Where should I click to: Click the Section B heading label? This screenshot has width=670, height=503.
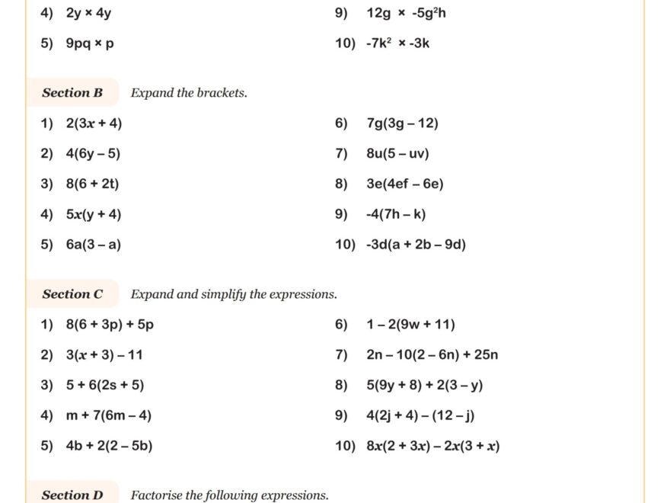pyautogui.click(x=72, y=93)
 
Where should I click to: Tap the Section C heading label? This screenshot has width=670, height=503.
pyautogui.click(x=72, y=294)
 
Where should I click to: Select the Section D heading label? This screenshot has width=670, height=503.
pyautogui.click(x=72, y=495)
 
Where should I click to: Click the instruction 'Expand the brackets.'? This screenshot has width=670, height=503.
pyautogui.click(x=189, y=93)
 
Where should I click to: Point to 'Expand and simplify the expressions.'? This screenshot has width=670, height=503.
pyautogui.click(x=234, y=294)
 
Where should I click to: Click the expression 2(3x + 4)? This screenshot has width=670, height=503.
pyautogui.click(x=94, y=123)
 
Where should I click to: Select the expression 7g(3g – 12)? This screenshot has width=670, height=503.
pyautogui.click(x=402, y=123)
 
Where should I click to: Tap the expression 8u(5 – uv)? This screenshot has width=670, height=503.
pyautogui.click(x=397, y=154)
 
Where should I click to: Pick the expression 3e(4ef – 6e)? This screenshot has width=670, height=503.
pyautogui.click(x=405, y=184)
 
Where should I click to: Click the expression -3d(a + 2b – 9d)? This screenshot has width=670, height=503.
pyautogui.click(x=416, y=245)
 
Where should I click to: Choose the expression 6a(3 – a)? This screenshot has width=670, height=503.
pyautogui.click(x=94, y=245)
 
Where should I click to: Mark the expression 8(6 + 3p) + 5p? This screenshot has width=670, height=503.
pyautogui.click(x=110, y=325)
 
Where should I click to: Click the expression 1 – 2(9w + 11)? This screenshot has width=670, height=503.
pyautogui.click(x=410, y=325)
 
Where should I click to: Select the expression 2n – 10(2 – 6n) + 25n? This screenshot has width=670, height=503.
pyautogui.click(x=432, y=355)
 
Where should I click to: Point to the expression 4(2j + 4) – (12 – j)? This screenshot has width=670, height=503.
pyautogui.click(x=420, y=415)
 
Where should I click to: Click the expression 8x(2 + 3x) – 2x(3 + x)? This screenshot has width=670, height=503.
pyautogui.click(x=432, y=446)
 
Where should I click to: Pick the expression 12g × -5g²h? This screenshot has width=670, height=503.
pyautogui.click(x=406, y=13)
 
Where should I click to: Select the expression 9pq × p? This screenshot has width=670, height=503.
pyautogui.click(x=90, y=43)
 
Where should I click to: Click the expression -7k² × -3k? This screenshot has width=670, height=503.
pyautogui.click(x=397, y=43)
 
